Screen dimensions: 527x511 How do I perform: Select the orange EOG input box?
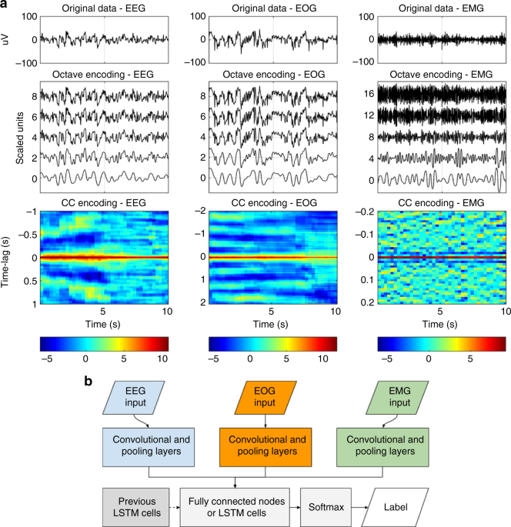[x=265, y=399]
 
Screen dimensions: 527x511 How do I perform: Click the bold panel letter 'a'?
[x=5, y=5]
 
